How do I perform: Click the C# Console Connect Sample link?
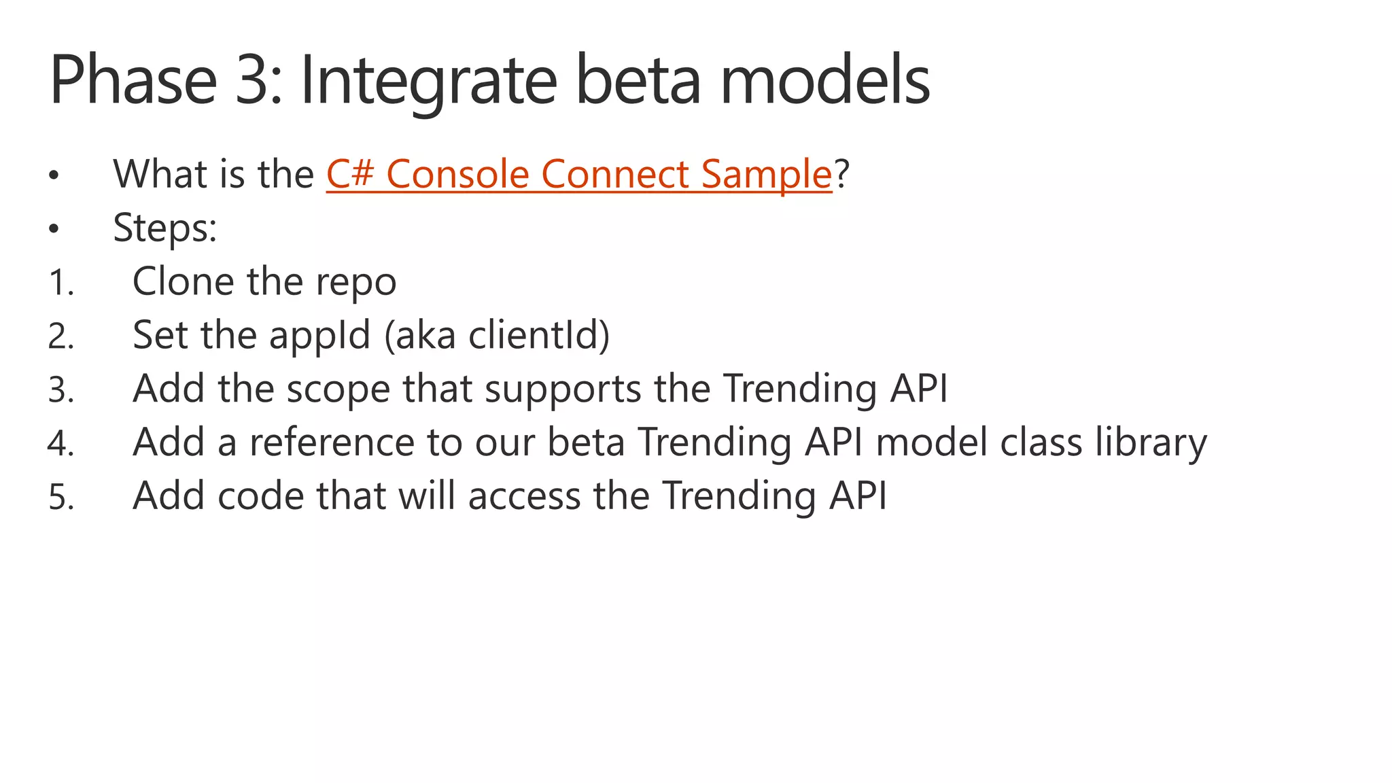pos(578,174)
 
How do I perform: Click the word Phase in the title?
pos(133,81)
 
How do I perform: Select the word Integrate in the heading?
pos(429,81)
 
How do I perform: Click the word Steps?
pos(165,228)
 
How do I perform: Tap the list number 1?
pos(60,282)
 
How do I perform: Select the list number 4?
pos(60,443)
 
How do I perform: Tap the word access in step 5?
pos(524,496)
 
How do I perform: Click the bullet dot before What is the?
pos(54,176)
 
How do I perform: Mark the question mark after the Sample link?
pos(842,174)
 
